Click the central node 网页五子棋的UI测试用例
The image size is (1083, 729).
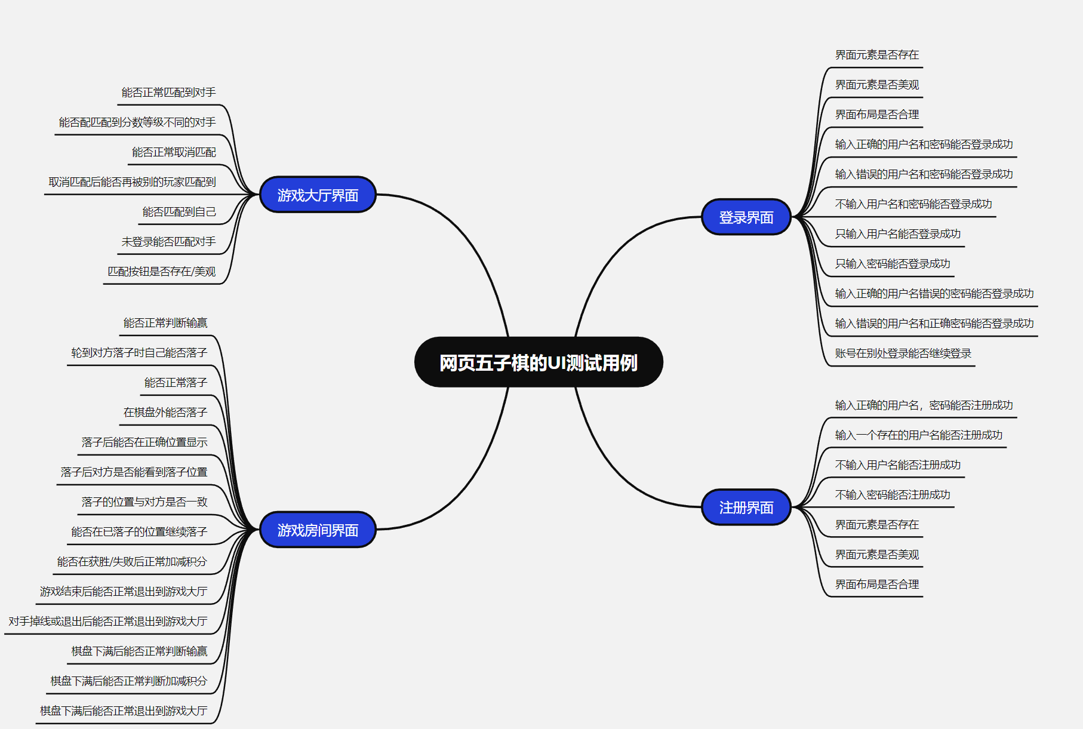539,362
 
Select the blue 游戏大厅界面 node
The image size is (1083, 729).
318,195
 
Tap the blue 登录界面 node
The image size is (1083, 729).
746,217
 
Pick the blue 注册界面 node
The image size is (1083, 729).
746,507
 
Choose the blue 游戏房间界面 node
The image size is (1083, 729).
318,530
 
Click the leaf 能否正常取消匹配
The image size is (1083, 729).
174,152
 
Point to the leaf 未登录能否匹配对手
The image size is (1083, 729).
168,242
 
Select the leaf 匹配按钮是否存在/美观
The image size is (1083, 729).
161,272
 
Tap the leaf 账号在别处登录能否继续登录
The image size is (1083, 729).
903,353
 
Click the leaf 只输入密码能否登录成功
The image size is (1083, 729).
892,264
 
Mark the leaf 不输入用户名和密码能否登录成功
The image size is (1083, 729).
913,204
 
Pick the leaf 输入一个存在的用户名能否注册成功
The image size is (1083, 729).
918,435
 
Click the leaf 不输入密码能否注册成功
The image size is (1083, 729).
892,495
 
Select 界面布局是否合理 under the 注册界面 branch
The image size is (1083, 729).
876,585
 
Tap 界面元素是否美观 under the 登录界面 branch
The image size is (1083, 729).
876,85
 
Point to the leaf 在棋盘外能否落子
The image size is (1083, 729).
165,413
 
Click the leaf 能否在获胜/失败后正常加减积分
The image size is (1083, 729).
132,562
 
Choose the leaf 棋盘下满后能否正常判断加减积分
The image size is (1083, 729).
128,681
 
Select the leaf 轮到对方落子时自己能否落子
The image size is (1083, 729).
139,353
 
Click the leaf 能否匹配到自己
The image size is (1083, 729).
179,212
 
